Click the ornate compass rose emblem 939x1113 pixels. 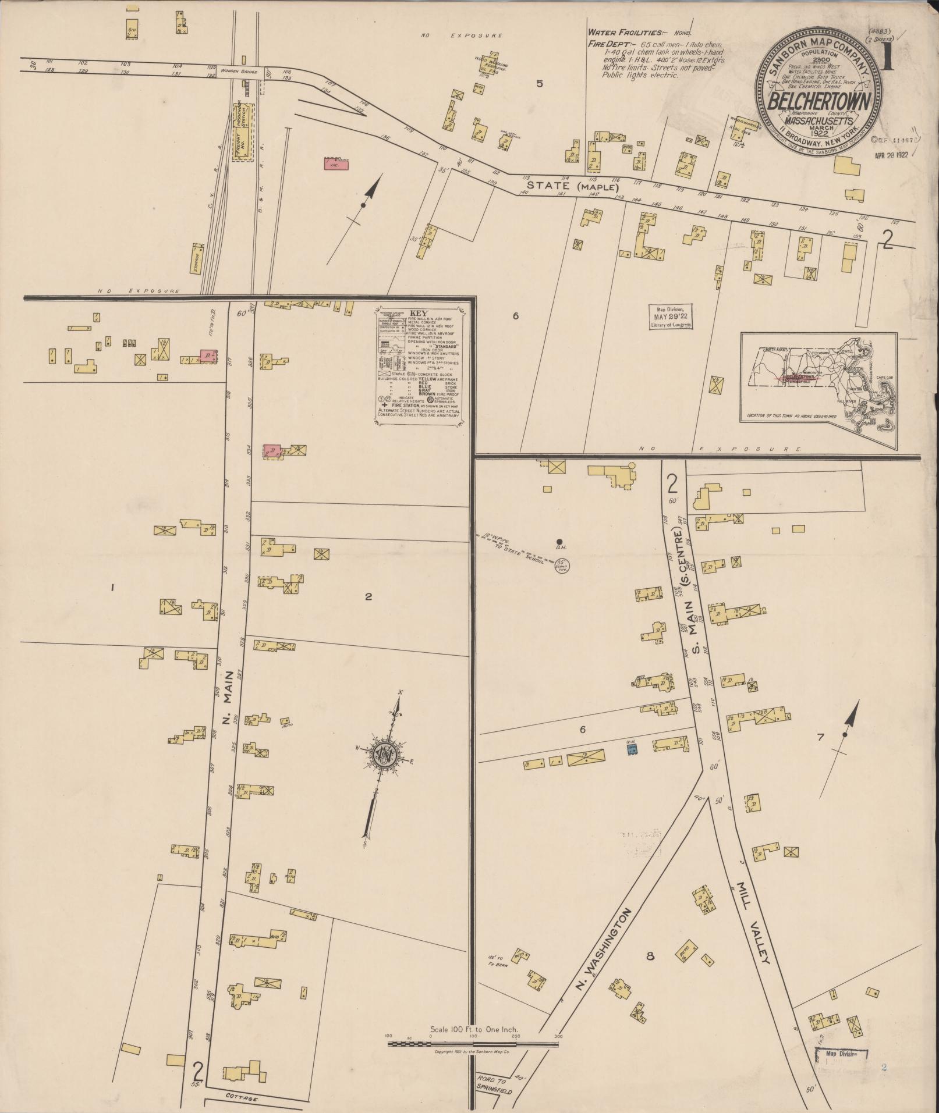click(384, 755)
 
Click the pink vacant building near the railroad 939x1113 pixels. click(335, 165)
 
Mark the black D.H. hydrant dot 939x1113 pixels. click(559, 541)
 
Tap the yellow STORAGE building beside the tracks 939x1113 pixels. click(197, 258)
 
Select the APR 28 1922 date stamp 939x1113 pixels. click(891, 155)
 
